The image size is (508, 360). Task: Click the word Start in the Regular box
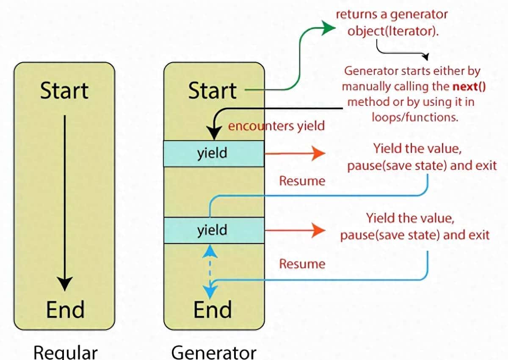pos(64,91)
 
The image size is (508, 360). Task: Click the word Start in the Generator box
pos(213,91)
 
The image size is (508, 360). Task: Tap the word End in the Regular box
pos(65,309)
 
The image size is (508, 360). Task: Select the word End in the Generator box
pos(213,309)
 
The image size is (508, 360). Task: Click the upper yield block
pos(213,153)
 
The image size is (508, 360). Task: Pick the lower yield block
pos(213,230)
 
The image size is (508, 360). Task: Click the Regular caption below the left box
pos(65,352)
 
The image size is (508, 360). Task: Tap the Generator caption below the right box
pos(214,352)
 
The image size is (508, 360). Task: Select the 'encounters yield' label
pos(276,126)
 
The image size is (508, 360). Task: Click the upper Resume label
pos(302,181)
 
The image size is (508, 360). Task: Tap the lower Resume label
pos(302,264)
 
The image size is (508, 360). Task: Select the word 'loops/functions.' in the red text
pos(415,117)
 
